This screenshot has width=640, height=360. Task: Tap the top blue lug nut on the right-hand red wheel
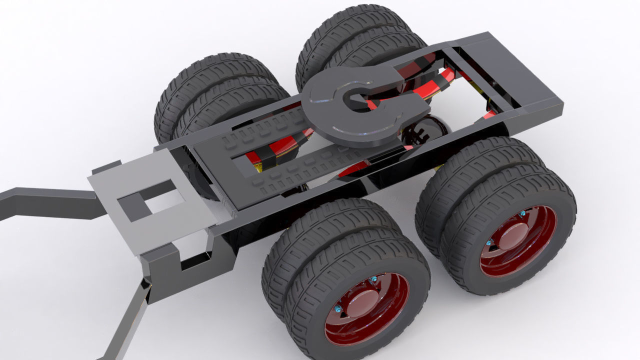pyautogui.click(x=522, y=213)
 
